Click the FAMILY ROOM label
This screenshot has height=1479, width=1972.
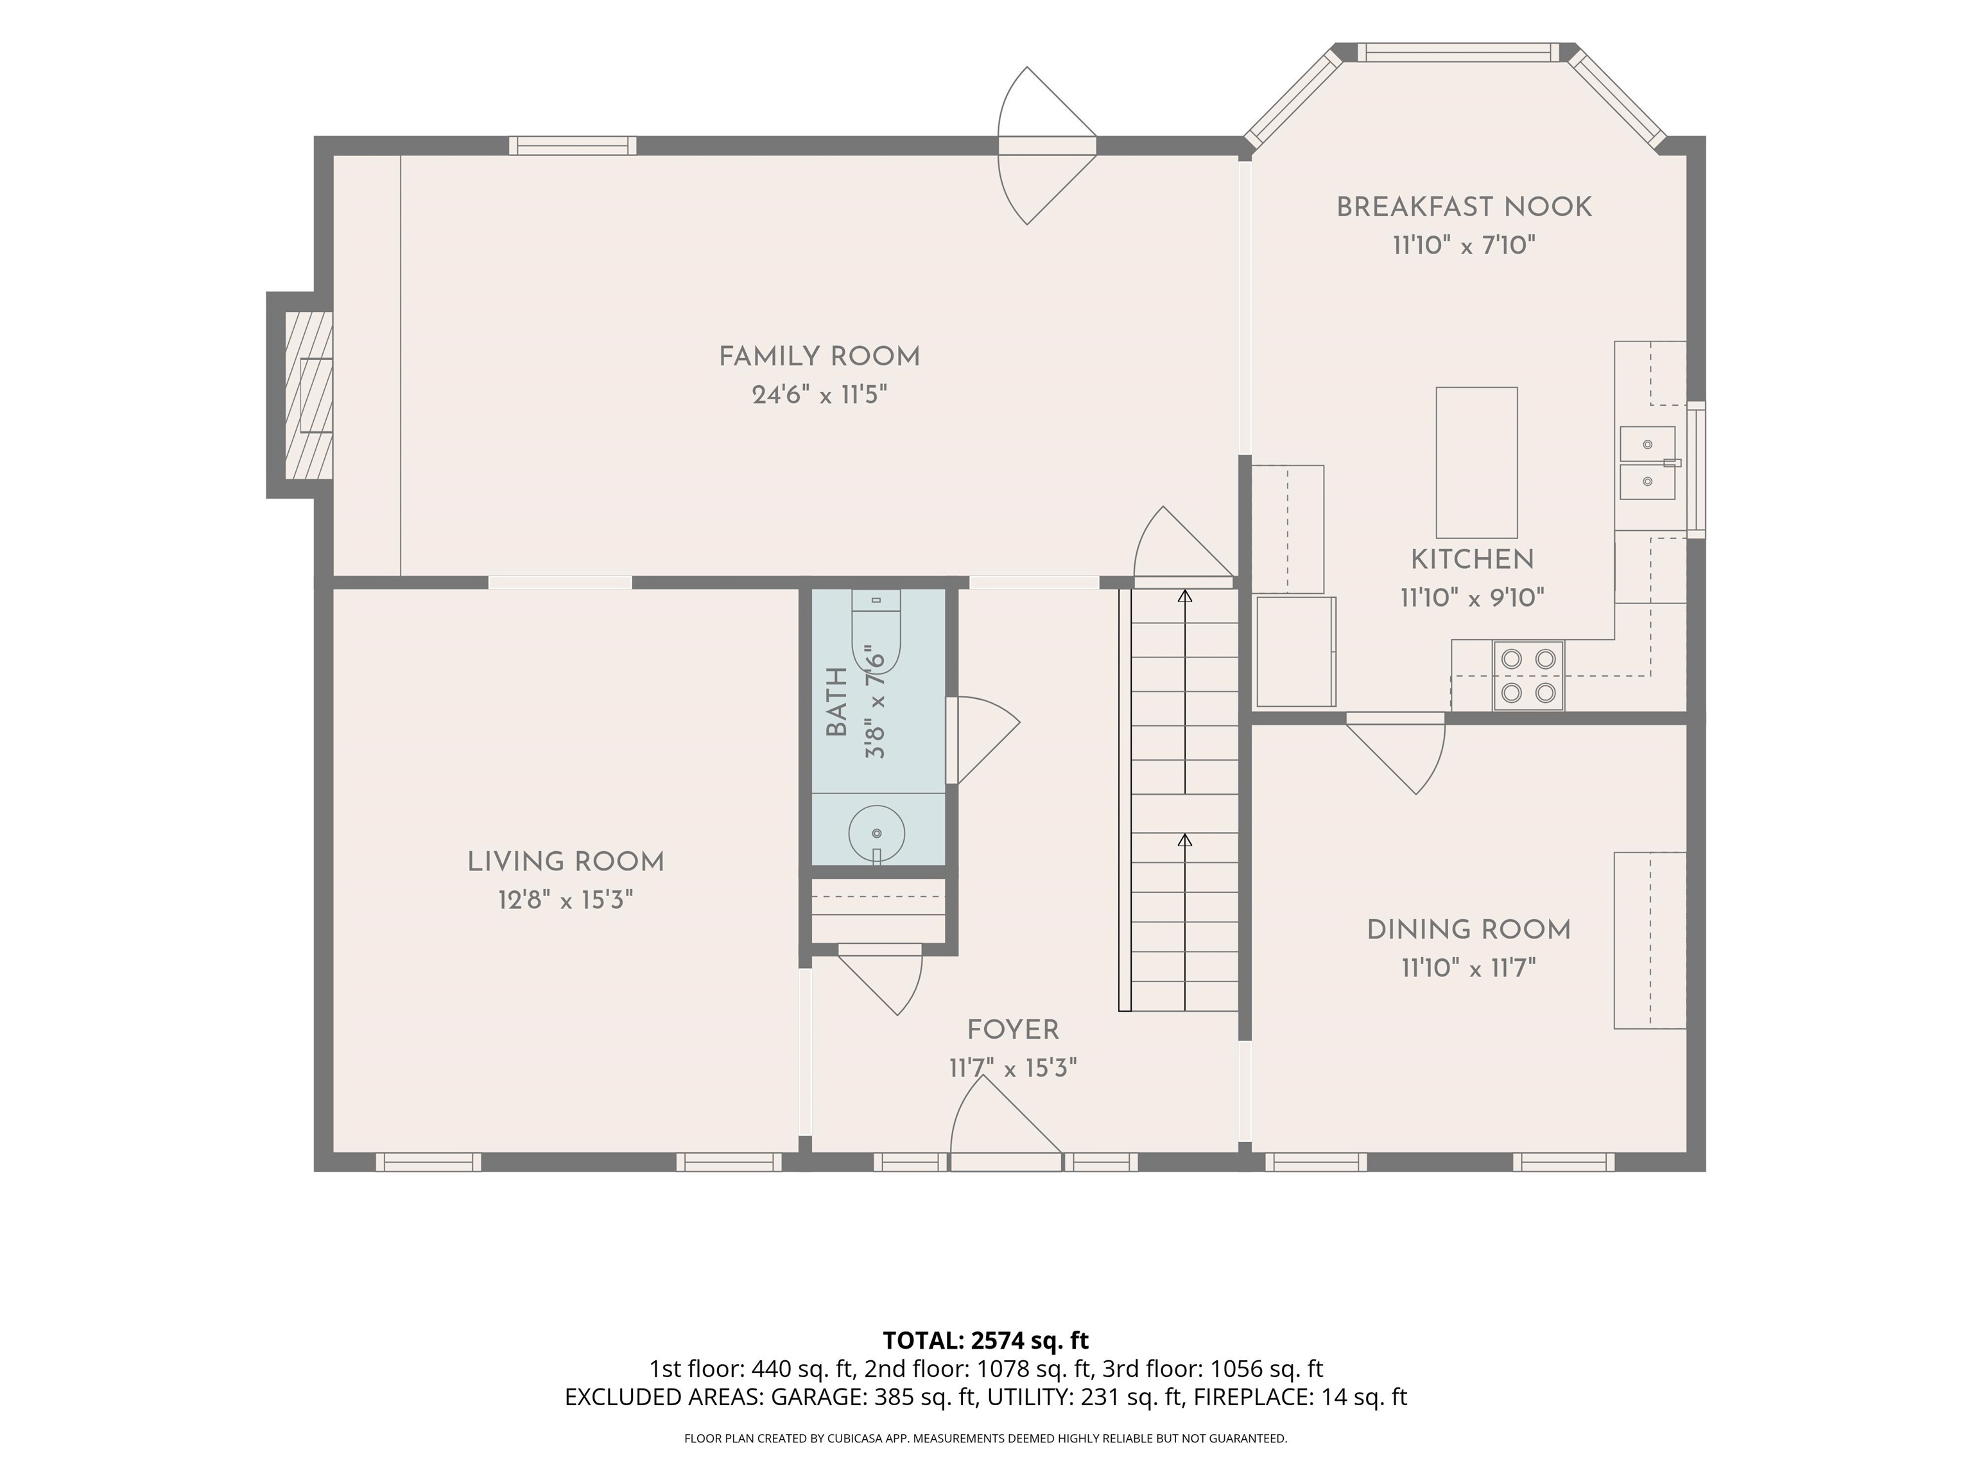pos(819,357)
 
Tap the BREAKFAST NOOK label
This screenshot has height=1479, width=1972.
pos(1464,207)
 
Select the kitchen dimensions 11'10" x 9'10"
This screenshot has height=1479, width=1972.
pos(1472,597)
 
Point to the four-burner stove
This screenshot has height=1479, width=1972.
pos(1528,676)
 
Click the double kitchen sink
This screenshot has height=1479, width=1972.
pos(1647,463)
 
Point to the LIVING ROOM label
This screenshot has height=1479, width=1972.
pos(566,862)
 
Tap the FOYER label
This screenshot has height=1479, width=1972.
pos(1013,1030)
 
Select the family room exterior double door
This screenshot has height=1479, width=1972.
pos(1046,145)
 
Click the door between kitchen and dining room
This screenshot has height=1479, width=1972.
pos(1395,754)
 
